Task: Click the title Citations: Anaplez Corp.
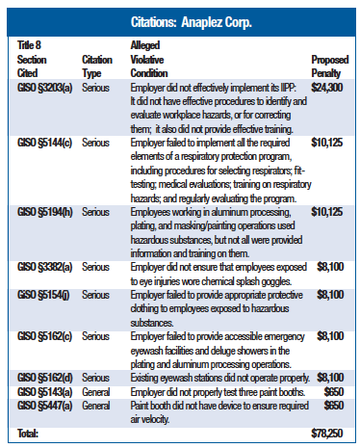pyautogui.click(x=180, y=20)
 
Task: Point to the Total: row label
pyautogui.click(x=28, y=435)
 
